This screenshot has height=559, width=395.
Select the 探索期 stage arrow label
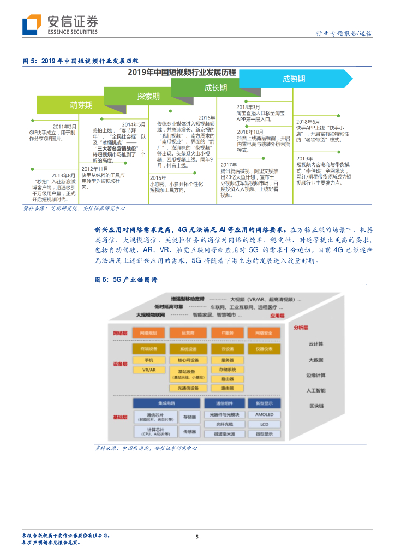click(x=148, y=96)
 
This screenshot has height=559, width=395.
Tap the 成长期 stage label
click(x=216, y=87)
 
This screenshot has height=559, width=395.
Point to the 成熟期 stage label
click(x=294, y=79)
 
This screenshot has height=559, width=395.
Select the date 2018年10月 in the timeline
click(x=250, y=132)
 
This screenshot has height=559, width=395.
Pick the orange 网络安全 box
click(x=265, y=332)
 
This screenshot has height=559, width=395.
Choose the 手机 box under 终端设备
click(x=148, y=360)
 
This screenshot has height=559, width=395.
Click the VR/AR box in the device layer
click(x=148, y=370)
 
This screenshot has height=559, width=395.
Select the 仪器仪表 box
click(x=264, y=349)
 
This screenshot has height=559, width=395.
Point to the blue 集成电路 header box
click(x=167, y=403)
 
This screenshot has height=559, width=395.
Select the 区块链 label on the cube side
click(x=316, y=406)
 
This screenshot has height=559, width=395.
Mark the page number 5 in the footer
click(x=197, y=537)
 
